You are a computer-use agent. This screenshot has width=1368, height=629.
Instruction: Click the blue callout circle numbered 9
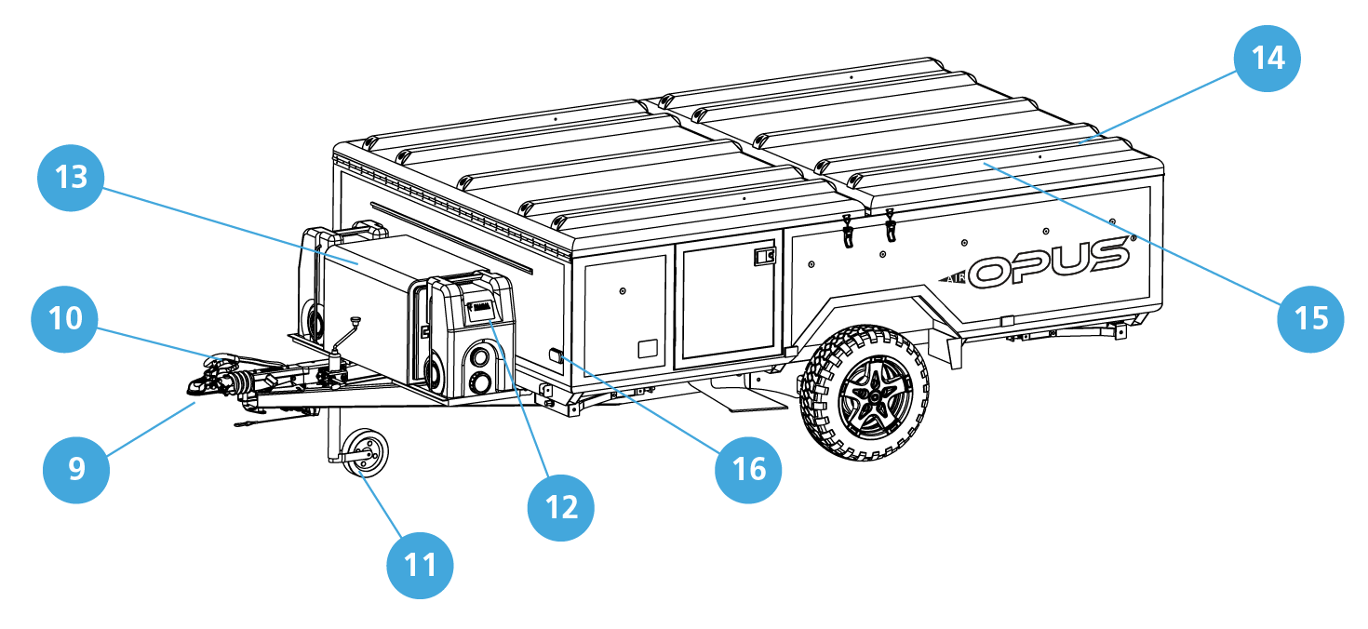pyautogui.click(x=76, y=468)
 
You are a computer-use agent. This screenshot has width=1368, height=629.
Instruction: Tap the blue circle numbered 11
pyautogui.click(x=420, y=564)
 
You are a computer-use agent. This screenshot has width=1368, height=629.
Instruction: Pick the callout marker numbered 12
pyautogui.click(x=560, y=506)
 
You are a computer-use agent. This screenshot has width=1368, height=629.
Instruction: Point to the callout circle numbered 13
pyautogui.click(x=71, y=177)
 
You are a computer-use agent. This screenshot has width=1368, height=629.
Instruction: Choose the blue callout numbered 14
pyautogui.click(x=1267, y=58)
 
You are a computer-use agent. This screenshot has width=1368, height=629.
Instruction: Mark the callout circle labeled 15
pyautogui.click(x=1310, y=319)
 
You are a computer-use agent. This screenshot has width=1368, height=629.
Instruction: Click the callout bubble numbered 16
pyautogui.click(x=748, y=469)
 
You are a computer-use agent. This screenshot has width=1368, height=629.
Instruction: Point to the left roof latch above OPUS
pyautogui.click(x=848, y=232)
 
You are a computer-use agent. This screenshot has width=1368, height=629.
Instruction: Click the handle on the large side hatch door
pyautogui.click(x=764, y=256)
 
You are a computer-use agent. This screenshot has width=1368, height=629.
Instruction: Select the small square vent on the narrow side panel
pyautogui.click(x=648, y=350)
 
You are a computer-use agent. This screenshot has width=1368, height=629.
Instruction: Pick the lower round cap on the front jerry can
pyautogui.click(x=482, y=381)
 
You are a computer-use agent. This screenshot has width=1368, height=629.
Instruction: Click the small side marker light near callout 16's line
pyautogui.click(x=554, y=355)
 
